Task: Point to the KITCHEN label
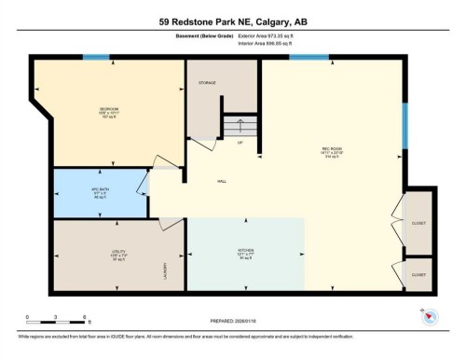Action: tap(246, 252)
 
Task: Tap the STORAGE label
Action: tap(207, 83)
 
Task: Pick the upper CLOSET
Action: tap(418, 223)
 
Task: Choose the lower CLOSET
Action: tap(418, 275)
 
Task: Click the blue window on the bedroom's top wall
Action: tap(95, 58)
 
